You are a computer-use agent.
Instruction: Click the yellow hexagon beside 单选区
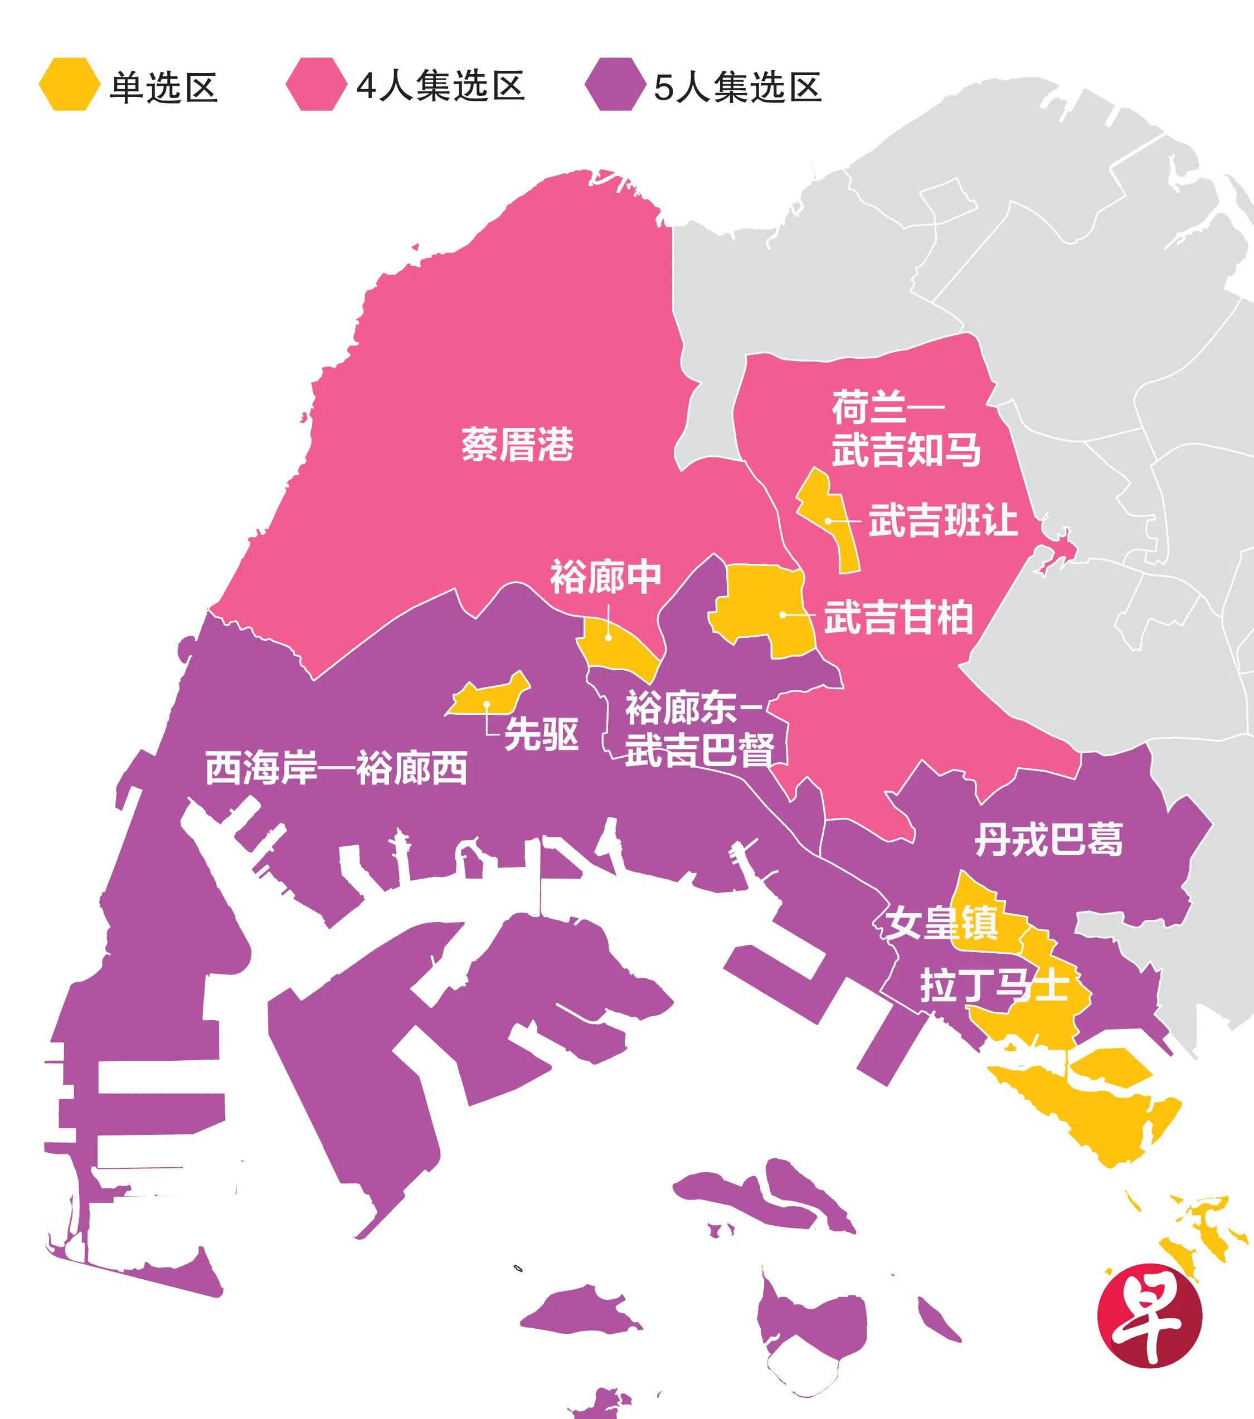(x=68, y=84)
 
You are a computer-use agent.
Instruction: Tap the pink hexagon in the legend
(x=316, y=84)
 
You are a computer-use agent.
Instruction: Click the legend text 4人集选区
(x=440, y=86)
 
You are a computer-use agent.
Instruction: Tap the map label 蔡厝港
(x=517, y=444)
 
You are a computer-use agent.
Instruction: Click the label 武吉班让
(x=943, y=521)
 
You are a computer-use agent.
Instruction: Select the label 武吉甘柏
(x=898, y=617)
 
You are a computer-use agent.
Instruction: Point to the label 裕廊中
(x=605, y=577)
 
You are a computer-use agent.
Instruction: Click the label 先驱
(x=542, y=734)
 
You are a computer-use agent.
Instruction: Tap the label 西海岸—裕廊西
(x=337, y=768)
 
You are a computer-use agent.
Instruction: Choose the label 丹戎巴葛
(x=1048, y=840)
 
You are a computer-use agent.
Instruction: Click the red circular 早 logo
(x=1149, y=1315)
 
